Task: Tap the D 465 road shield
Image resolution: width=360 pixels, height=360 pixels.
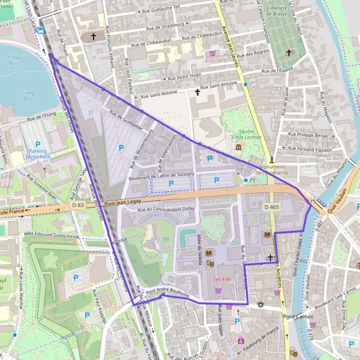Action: pyautogui.click(x=271, y=207)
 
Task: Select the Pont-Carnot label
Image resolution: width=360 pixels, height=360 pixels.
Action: pyautogui.click(x=298, y=316)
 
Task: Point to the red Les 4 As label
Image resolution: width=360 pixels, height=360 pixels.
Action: pyautogui.click(x=221, y=280)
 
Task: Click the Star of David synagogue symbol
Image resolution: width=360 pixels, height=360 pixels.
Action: pyautogui.click(x=260, y=305)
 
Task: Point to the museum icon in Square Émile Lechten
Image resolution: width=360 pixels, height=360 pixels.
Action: pyautogui.click(x=239, y=147)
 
